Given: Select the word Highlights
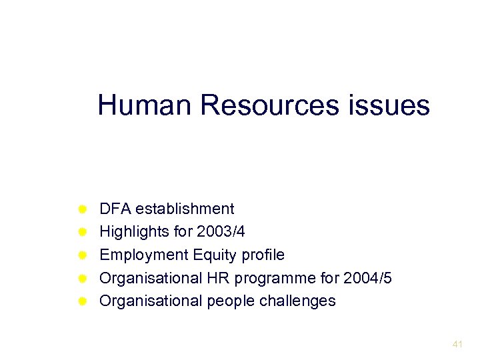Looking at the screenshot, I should [x=131, y=232].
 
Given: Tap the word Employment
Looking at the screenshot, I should [x=143, y=255].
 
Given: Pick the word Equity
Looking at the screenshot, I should [x=214, y=255].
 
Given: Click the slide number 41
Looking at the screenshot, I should [x=457, y=345].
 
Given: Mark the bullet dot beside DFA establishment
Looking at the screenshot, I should [x=82, y=209].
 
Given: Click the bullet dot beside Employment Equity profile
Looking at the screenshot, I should [x=82, y=255].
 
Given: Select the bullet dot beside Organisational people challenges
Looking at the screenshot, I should [x=82, y=301].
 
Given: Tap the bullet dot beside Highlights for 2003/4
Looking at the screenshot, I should [x=82, y=232].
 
